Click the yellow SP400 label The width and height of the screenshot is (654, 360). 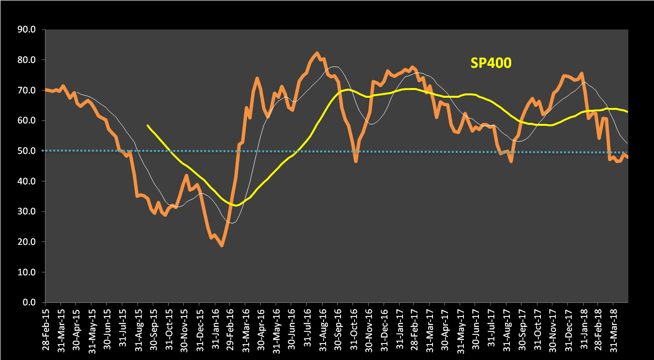(491, 63)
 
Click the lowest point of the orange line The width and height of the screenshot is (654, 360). (222, 246)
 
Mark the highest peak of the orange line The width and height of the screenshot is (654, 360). (317, 53)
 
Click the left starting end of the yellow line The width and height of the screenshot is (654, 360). (148, 125)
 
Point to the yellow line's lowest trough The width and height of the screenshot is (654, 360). (235, 205)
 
